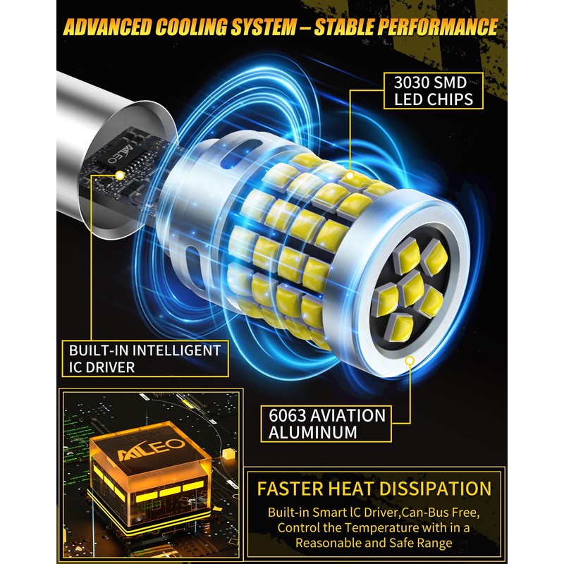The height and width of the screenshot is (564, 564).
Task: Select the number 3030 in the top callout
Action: point(412,82)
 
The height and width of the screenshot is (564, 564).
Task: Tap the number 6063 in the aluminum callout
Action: point(287,415)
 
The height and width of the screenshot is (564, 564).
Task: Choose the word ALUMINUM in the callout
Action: point(312,432)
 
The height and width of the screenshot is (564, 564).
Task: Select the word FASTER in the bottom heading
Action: point(290,489)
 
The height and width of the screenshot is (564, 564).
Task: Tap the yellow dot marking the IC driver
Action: point(119,175)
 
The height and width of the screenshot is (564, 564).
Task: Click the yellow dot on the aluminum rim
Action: point(410,360)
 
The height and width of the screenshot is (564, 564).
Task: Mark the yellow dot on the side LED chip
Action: point(349,175)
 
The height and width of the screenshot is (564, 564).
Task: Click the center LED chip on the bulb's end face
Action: point(412,290)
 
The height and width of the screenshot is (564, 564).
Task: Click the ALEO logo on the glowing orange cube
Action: point(151,449)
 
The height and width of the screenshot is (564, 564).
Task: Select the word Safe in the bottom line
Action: point(407,543)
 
